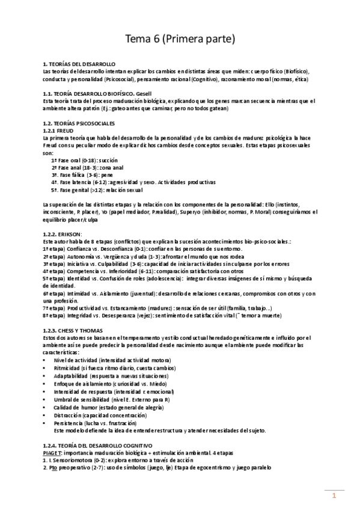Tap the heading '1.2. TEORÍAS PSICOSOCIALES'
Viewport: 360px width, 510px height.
click(x=79, y=123)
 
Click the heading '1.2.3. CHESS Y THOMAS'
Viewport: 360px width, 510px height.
click(x=73, y=330)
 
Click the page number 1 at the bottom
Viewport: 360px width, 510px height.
click(x=334, y=496)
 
